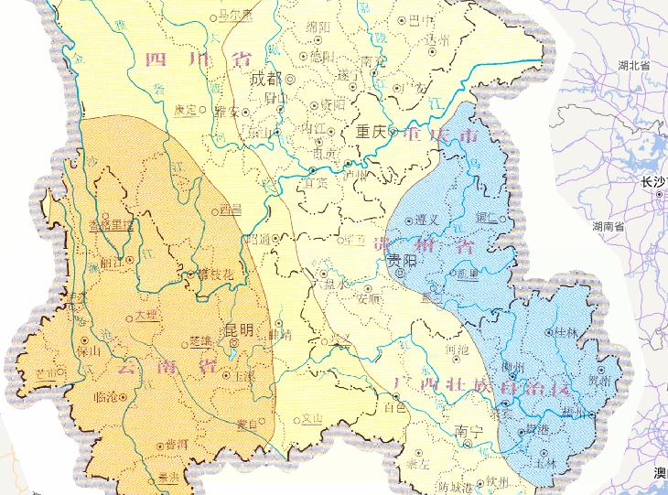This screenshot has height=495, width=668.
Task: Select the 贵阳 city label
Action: pos(400,262)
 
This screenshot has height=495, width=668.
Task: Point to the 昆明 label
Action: pos(239,329)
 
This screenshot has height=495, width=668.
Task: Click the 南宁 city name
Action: pos(467,430)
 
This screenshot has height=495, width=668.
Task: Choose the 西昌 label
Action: pos(232,210)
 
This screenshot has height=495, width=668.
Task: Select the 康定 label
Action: pos(186,109)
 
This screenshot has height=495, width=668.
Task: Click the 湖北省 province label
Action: pos(632,67)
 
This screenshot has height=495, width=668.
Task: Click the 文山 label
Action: pos(313,420)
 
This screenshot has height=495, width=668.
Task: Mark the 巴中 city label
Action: pos(419,18)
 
